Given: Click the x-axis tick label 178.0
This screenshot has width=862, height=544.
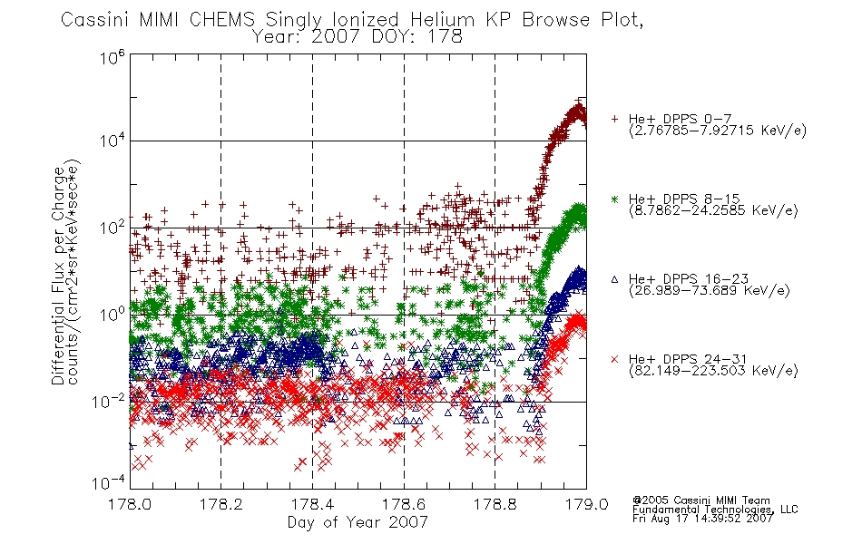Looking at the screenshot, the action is [x=130, y=504].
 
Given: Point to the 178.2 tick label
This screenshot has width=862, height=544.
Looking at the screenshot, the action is [x=221, y=504].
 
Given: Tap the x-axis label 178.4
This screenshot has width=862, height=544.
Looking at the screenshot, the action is [x=312, y=504].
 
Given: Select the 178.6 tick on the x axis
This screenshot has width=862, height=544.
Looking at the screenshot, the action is [x=404, y=504].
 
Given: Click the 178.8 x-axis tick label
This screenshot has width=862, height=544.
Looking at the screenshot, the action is [x=495, y=504].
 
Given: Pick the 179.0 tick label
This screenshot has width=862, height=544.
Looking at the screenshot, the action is [x=586, y=504].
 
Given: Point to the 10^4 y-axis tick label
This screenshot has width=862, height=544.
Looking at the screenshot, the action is [x=113, y=141].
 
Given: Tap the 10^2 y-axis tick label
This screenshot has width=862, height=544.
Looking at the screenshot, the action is [x=113, y=227].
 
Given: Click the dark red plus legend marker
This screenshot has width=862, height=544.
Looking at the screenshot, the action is [x=614, y=119].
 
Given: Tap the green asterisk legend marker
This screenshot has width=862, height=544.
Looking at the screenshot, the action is [x=614, y=199].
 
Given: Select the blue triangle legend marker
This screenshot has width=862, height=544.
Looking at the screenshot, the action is [x=614, y=279].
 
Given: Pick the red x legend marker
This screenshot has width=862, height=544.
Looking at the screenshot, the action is [x=614, y=359].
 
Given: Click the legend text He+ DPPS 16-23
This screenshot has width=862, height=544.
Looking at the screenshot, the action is [x=689, y=278].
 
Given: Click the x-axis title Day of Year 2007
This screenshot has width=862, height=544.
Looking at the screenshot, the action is [x=358, y=522].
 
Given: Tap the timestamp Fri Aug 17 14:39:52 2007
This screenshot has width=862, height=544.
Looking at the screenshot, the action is [x=702, y=519].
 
